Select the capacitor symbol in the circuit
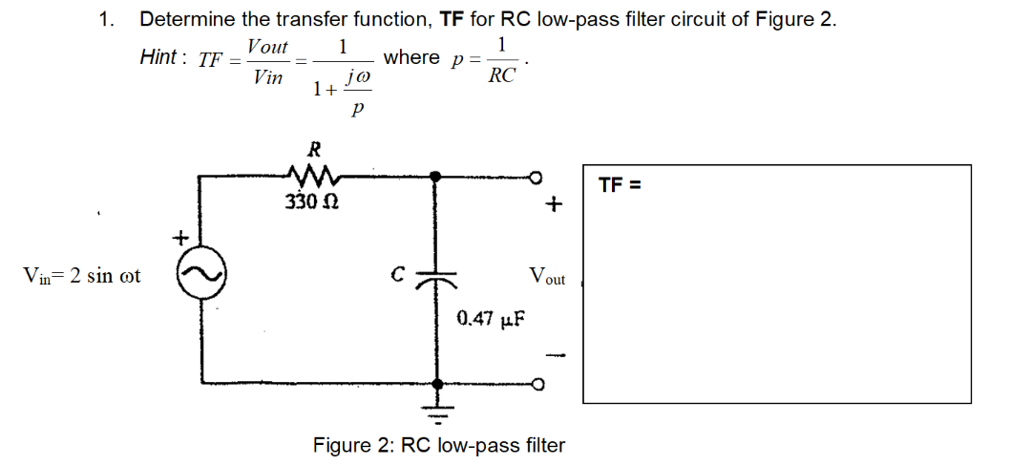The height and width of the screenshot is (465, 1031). pyautogui.click(x=438, y=277)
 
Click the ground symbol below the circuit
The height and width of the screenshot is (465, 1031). pyautogui.click(x=439, y=412)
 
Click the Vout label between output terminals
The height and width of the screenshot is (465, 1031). pyautogui.click(x=546, y=278)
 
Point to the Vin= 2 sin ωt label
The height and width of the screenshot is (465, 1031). pyautogui.click(x=82, y=277)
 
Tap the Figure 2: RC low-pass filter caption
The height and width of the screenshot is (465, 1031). pyautogui.click(x=439, y=445)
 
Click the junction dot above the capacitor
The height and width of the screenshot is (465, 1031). pyautogui.click(x=438, y=177)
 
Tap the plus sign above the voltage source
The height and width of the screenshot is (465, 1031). pyautogui.click(x=177, y=235)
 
